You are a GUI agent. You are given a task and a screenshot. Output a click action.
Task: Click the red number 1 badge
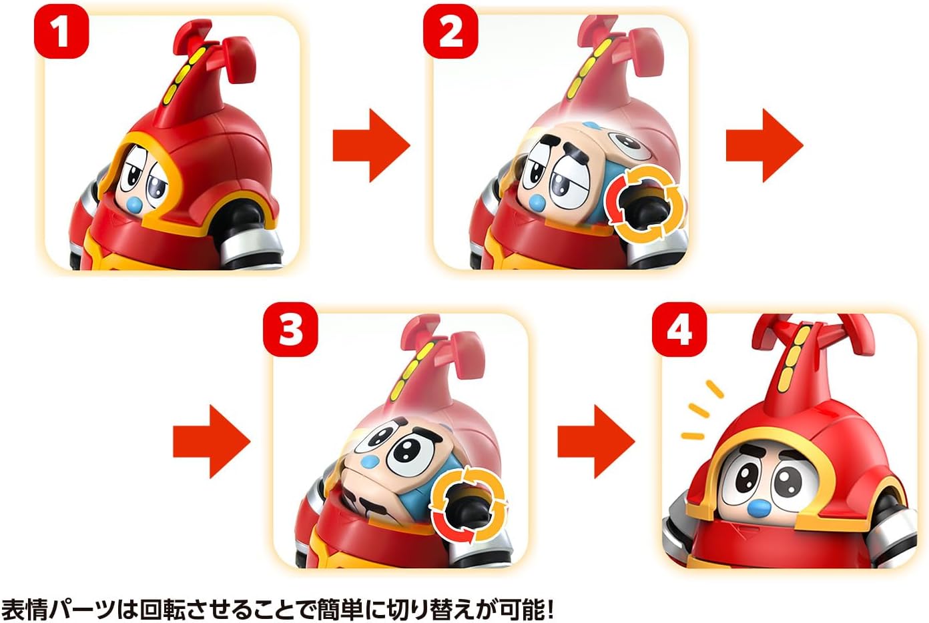point(61,31)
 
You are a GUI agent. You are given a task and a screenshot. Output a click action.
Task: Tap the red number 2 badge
point(450,31)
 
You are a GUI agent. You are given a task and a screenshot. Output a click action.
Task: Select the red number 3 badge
point(290,329)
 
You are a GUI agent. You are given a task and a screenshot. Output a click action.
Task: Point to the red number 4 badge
point(679,329)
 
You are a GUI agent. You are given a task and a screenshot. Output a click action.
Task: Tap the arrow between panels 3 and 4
point(596,441)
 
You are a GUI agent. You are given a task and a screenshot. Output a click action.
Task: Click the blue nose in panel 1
point(134,204)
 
